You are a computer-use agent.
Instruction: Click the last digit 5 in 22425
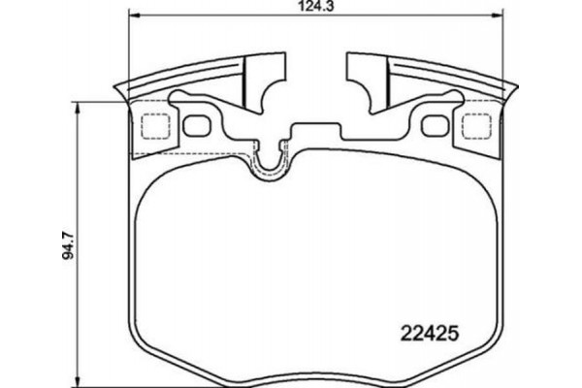451,330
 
